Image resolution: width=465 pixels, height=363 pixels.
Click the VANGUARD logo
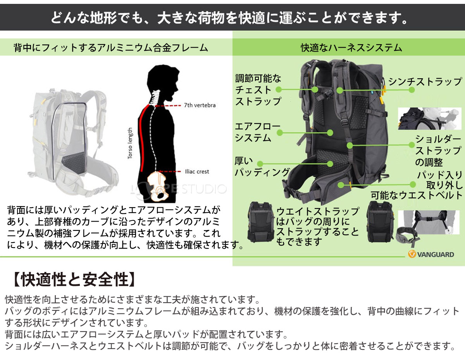tap(431, 255)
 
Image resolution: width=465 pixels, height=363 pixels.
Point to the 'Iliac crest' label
tap(196, 171)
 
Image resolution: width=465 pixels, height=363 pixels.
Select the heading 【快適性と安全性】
tap(72, 279)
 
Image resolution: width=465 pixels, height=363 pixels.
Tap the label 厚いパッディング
tap(262, 167)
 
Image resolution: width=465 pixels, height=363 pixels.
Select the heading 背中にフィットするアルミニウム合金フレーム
tap(111, 48)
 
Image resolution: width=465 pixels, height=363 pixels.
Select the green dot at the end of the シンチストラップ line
tap(412, 89)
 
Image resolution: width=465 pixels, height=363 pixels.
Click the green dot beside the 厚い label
tap(260, 163)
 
